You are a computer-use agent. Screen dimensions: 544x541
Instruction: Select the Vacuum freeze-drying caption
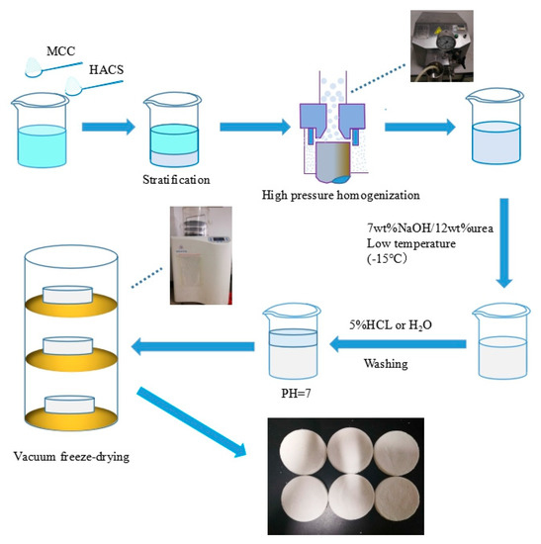[73, 456]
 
